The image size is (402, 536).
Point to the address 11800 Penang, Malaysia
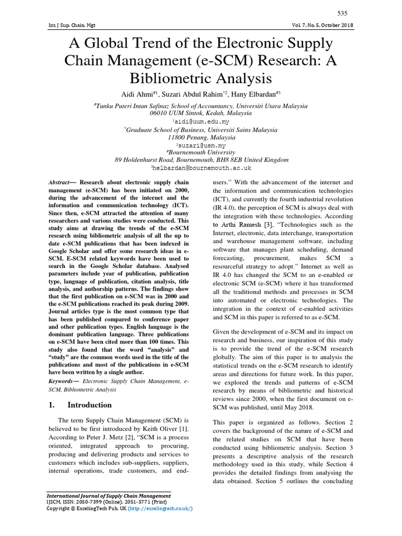(x=201, y=137)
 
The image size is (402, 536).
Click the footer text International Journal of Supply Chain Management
(x=109, y=496)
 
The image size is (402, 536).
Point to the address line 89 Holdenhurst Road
(x=202, y=160)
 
